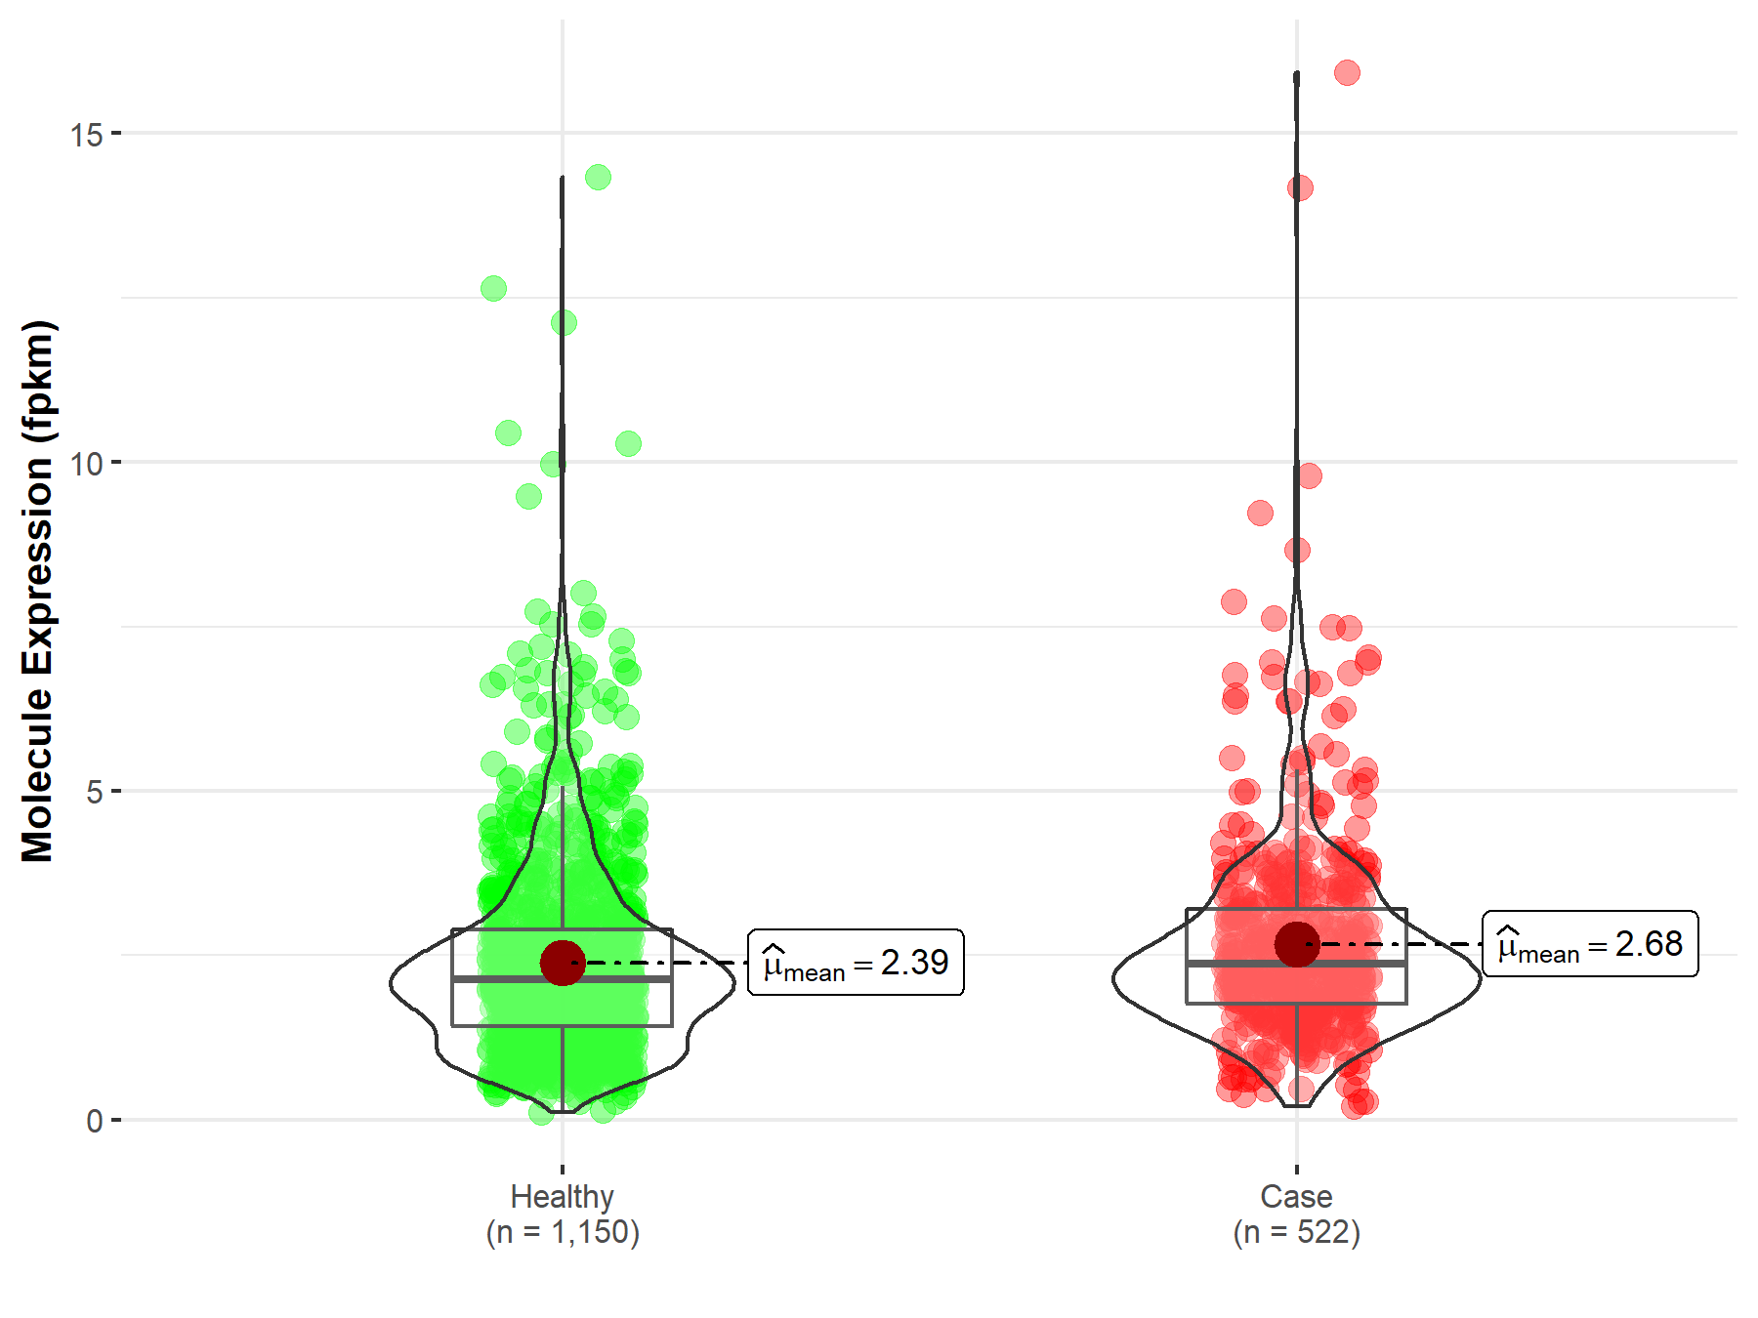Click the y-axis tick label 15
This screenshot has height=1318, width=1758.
coord(86,135)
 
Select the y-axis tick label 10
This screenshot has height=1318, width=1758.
coord(86,464)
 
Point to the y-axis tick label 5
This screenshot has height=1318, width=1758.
coord(94,792)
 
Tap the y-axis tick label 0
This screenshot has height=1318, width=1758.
coord(94,1121)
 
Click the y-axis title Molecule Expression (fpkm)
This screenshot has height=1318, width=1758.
coord(39,592)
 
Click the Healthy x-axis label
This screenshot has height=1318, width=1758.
coord(562,1196)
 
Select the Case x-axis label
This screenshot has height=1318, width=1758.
coord(1296,1196)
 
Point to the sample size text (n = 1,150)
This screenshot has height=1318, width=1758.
coord(563,1232)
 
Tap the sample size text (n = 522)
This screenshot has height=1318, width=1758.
coord(1296,1232)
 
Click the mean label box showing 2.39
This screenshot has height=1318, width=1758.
coord(856,963)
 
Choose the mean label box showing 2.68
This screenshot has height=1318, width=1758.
coord(1590,944)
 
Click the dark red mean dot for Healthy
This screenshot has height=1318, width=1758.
coord(563,963)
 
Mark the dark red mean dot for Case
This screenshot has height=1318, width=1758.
coord(1297,944)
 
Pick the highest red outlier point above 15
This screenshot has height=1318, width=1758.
coord(1347,72)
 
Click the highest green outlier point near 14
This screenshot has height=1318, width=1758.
coord(598,177)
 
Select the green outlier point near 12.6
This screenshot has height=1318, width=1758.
coord(493,288)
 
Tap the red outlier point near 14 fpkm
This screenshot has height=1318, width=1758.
coord(1300,187)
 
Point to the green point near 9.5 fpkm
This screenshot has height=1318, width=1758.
coord(528,496)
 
